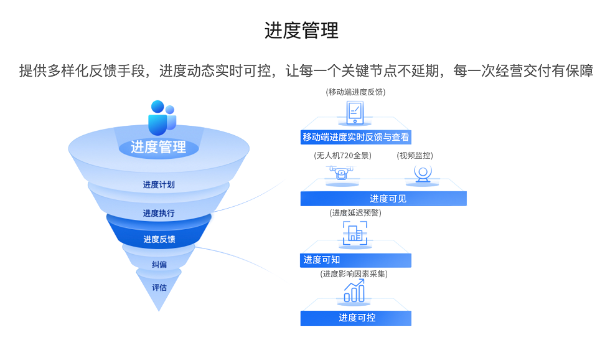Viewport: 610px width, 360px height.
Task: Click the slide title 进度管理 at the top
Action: pos(301,31)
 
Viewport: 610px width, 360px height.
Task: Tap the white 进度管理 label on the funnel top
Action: pos(158,147)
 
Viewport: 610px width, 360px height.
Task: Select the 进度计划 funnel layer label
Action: pos(158,184)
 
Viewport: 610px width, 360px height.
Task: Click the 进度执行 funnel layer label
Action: pos(158,213)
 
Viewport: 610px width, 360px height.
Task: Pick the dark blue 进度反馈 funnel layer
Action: pos(159,239)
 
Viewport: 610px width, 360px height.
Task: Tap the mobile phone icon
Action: pos(355,113)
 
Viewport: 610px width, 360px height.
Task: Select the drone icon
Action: pos(341,173)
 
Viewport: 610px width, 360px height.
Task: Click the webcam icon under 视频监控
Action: pos(423,173)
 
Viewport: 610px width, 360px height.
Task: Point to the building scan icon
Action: pos(355,234)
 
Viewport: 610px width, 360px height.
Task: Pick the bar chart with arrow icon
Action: pos(355,291)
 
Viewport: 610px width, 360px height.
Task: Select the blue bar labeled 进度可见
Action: pos(383,199)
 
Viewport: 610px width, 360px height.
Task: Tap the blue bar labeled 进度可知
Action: pos(355,260)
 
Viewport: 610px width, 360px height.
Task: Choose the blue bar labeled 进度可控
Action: pos(355,318)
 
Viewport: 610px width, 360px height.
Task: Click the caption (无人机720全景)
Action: pos(342,156)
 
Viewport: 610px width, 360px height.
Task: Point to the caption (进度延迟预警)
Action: pos(355,213)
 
